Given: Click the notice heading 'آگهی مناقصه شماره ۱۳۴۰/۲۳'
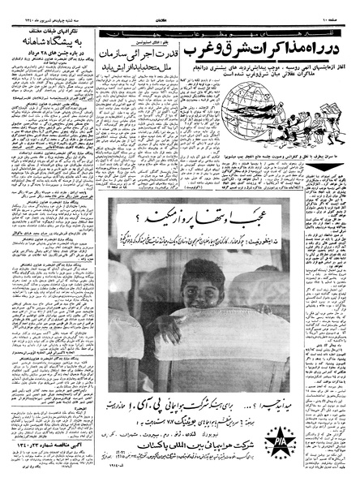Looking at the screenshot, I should pos(46,444).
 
